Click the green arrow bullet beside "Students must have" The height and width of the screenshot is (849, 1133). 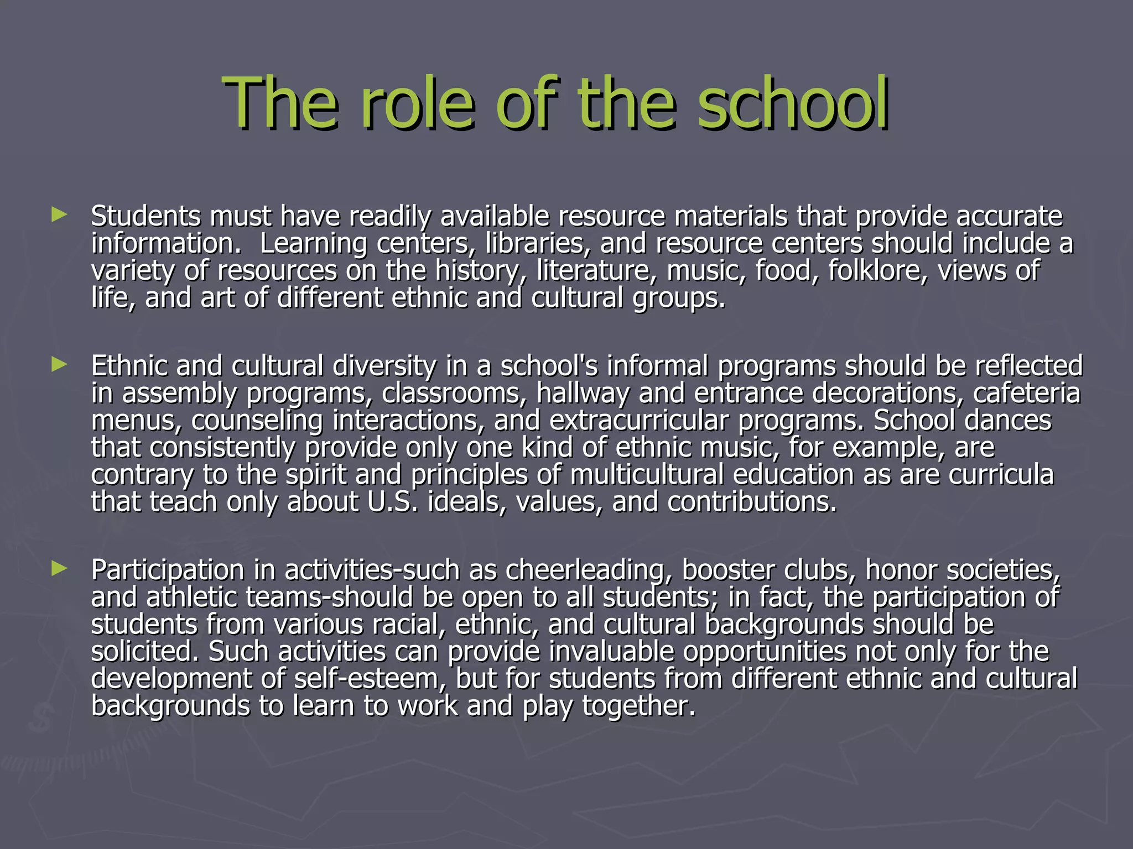pos(59,214)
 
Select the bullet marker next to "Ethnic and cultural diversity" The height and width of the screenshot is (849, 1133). pos(59,364)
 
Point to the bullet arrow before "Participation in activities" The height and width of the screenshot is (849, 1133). pos(59,568)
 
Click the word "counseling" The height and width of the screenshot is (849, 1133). pos(257,421)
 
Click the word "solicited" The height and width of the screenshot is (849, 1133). pos(144,652)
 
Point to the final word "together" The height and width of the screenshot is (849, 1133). pos(638,706)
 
